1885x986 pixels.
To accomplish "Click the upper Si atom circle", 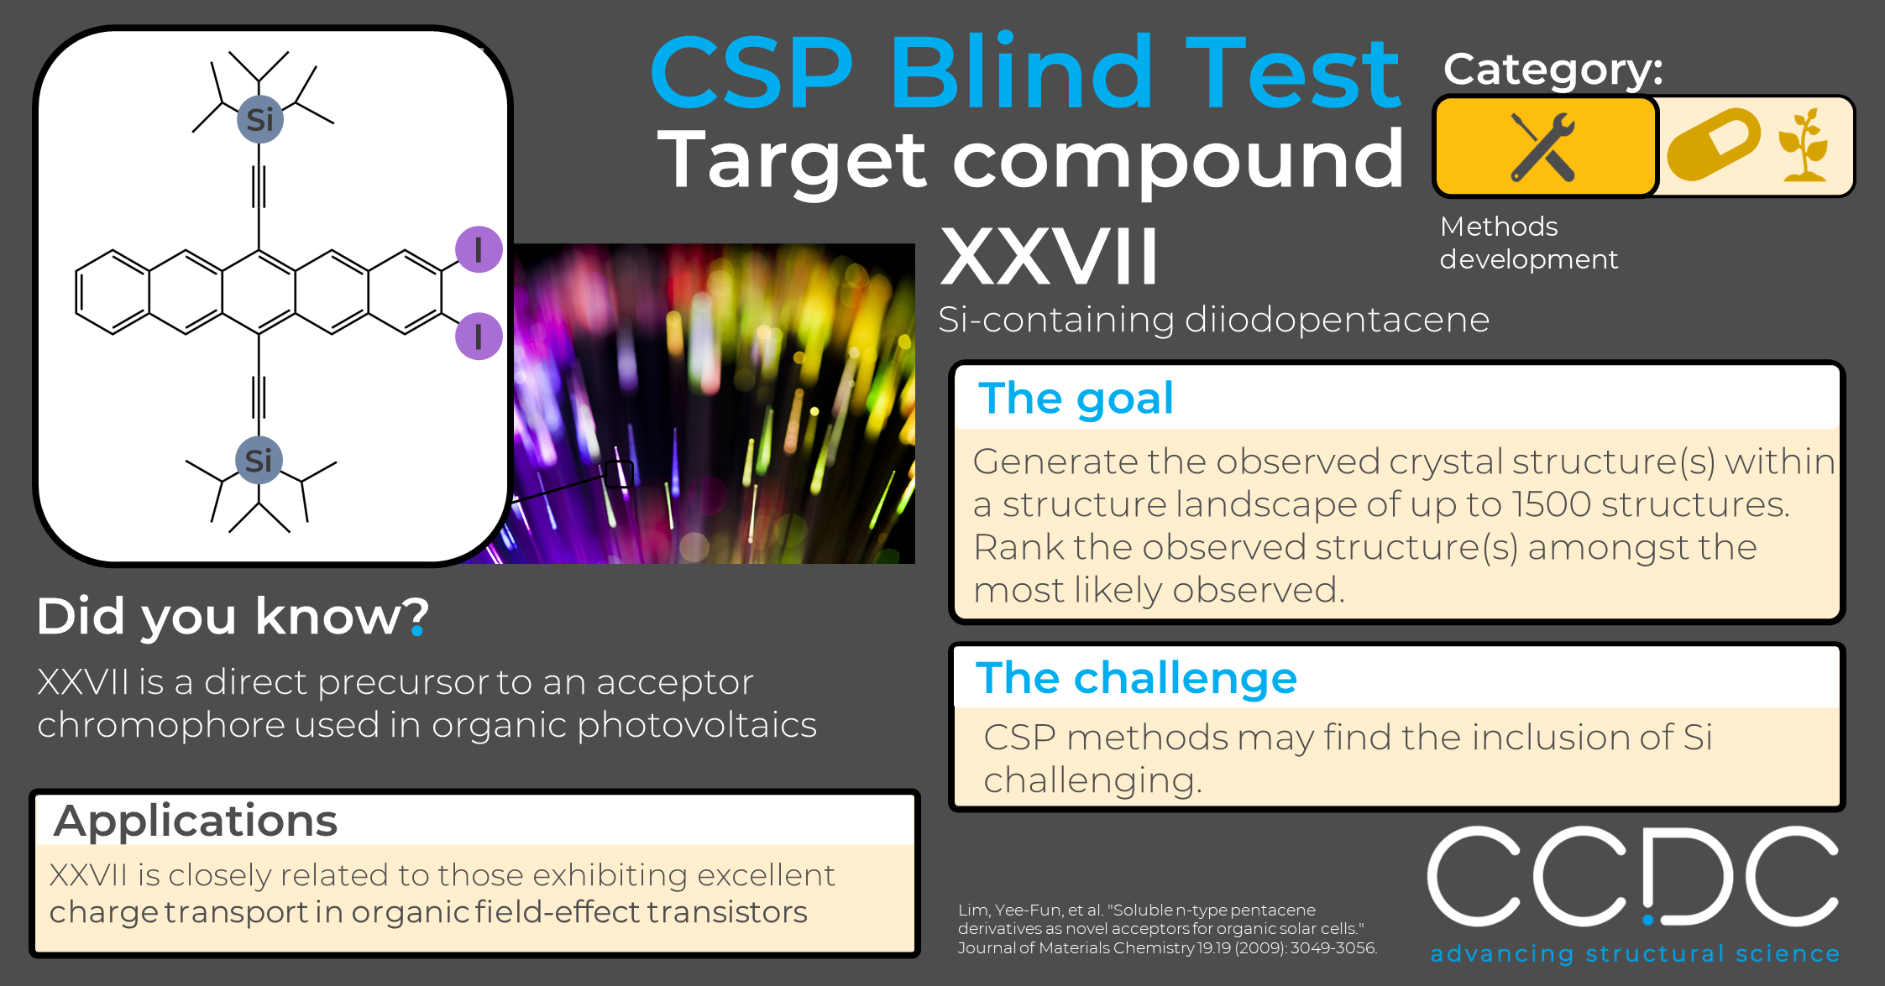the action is pyautogui.click(x=259, y=119).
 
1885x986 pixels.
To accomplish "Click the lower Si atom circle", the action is pyautogui.click(x=259, y=460).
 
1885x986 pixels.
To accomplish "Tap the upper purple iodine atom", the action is pyautogui.click(x=479, y=249).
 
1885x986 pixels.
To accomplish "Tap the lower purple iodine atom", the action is pyautogui.click(x=479, y=336).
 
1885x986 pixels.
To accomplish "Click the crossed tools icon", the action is pyautogui.click(x=1543, y=147).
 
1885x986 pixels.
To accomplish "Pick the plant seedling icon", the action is pyautogui.click(x=1804, y=144).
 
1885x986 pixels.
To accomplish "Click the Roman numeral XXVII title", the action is pyautogui.click(x=1050, y=256).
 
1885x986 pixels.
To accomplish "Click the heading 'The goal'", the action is pyautogui.click(x=1076, y=399).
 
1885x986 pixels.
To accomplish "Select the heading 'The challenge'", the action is pyautogui.click(x=1136, y=678).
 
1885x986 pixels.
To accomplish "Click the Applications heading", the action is pyautogui.click(x=196, y=821).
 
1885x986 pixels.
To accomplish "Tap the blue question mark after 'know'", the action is pyautogui.click(x=418, y=617).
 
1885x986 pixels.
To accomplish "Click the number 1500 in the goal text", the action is pyautogui.click(x=1552, y=504).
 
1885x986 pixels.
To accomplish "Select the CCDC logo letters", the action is pyautogui.click(x=1633, y=876).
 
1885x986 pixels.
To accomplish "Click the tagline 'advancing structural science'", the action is pyautogui.click(x=1635, y=953).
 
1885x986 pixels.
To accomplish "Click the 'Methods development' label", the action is pyautogui.click(x=1528, y=243).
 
